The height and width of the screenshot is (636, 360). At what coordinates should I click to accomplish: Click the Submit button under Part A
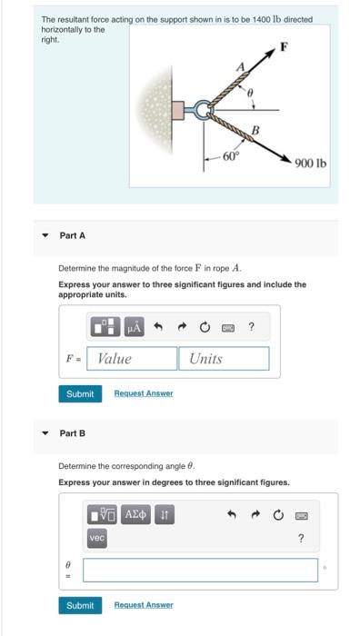click(x=80, y=393)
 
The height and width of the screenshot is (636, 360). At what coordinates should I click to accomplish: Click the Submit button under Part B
click(x=80, y=605)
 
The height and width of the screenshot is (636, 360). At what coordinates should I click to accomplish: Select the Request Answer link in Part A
click(x=144, y=393)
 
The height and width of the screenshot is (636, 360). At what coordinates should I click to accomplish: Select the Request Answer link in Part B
click(x=144, y=605)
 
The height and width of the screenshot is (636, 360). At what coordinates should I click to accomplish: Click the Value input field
click(x=134, y=359)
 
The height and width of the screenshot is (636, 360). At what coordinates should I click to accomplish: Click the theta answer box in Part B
click(x=201, y=570)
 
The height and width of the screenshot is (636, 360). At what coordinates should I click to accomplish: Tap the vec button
click(x=98, y=539)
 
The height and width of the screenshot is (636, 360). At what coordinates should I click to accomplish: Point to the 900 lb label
click(x=310, y=164)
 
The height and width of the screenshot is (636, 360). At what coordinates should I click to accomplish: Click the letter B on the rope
click(x=256, y=131)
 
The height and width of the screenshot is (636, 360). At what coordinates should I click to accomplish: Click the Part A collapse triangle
click(x=45, y=235)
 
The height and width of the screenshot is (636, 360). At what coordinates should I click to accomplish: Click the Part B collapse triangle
click(x=45, y=432)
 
